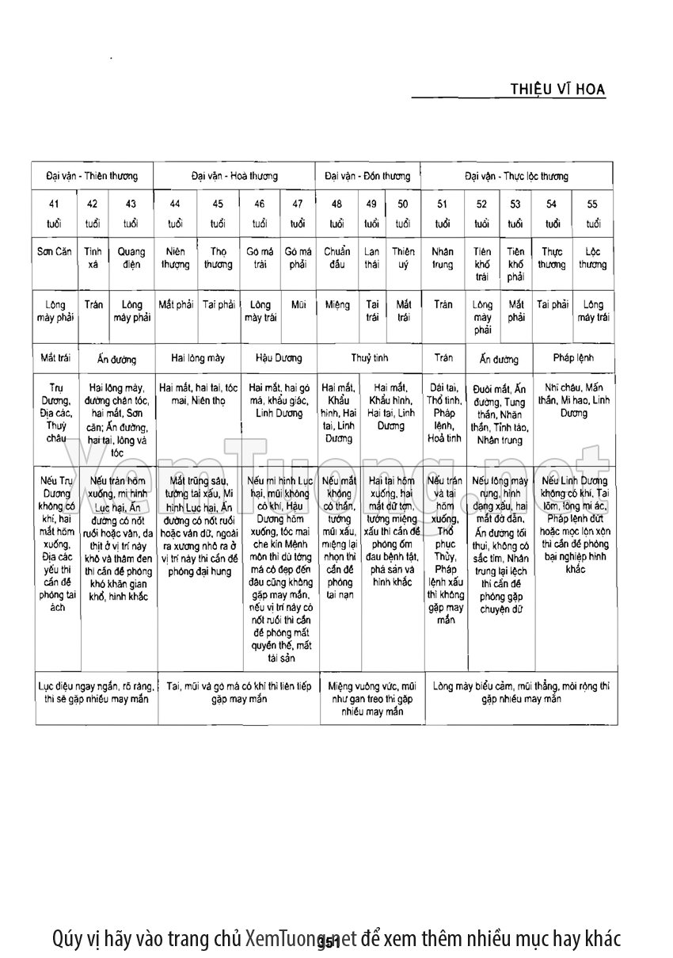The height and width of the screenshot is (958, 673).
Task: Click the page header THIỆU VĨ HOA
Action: click(558, 90)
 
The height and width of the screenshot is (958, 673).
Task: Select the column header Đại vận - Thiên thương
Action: click(92, 176)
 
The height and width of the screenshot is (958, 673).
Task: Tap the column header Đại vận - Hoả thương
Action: click(234, 176)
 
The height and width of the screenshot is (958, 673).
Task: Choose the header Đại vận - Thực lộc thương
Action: click(516, 176)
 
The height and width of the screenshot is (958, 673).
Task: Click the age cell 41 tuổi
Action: click(54, 213)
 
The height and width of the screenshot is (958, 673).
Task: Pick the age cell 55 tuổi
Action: click(592, 213)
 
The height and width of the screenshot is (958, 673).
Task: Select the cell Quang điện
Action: click(131, 258)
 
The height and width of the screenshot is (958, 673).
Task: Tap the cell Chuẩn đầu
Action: click(336, 258)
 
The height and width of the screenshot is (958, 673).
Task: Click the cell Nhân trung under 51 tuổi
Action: click(443, 258)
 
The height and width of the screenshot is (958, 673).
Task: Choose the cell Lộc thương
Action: click(592, 258)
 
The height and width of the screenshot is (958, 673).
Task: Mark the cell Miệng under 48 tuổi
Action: click(336, 304)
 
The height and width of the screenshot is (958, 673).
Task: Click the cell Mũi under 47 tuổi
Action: click(298, 304)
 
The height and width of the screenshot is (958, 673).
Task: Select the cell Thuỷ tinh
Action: click(369, 358)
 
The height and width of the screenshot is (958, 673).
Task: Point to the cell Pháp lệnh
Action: click(573, 358)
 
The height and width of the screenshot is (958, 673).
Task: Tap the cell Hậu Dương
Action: click(279, 358)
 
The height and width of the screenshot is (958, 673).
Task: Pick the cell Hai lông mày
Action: click(198, 358)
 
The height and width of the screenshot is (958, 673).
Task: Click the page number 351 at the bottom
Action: click(328, 942)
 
